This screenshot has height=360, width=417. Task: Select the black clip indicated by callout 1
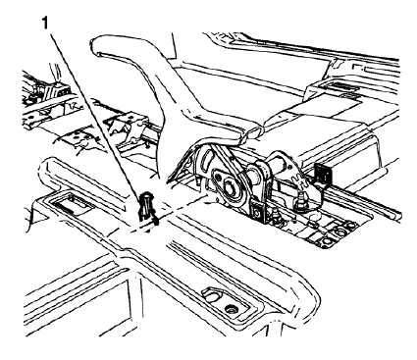click(x=147, y=205)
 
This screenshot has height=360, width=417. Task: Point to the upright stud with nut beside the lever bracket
click(x=295, y=204)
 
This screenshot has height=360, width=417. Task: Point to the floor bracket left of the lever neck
click(x=123, y=127)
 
